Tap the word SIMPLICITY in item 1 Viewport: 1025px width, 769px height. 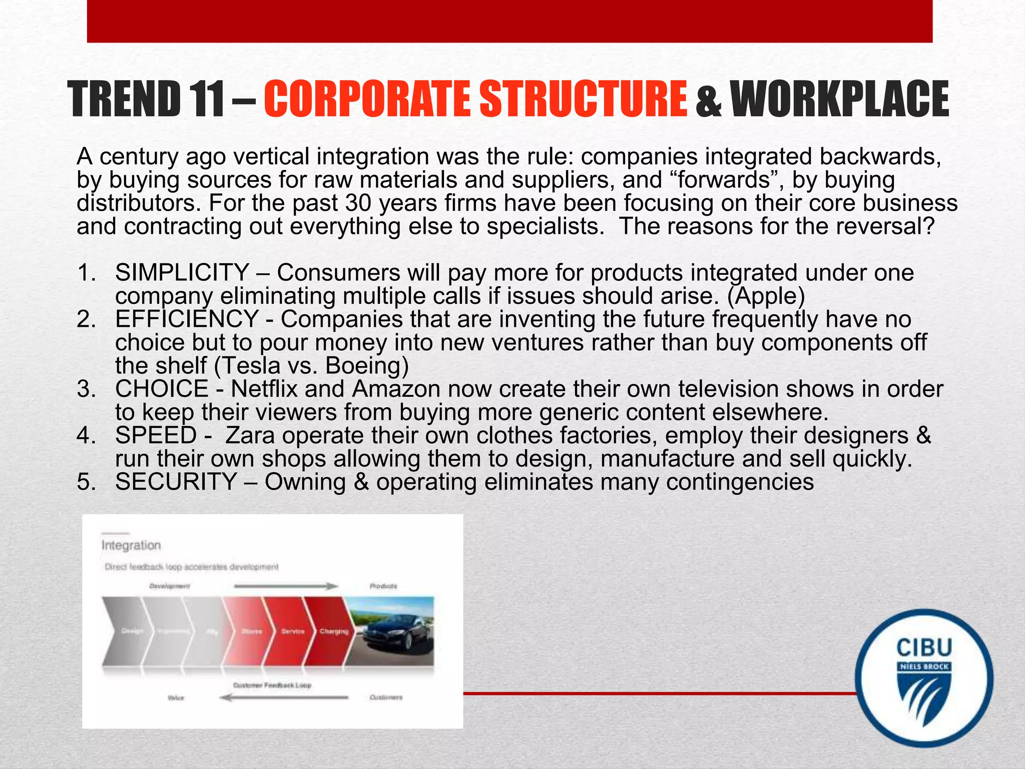(x=182, y=273)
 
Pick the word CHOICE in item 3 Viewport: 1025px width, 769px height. (x=162, y=390)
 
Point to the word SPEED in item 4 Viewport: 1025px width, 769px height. (x=156, y=436)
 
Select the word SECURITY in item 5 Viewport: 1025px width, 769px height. (x=176, y=482)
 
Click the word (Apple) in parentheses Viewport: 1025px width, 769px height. (x=766, y=296)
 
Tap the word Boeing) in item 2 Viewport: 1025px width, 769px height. (x=367, y=366)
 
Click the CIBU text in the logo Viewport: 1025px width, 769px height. (x=924, y=648)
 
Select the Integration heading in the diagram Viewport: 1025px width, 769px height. (x=131, y=545)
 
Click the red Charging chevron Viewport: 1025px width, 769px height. (x=332, y=631)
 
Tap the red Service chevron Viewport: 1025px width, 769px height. (x=292, y=631)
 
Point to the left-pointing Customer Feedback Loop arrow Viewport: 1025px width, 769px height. (x=284, y=697)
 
